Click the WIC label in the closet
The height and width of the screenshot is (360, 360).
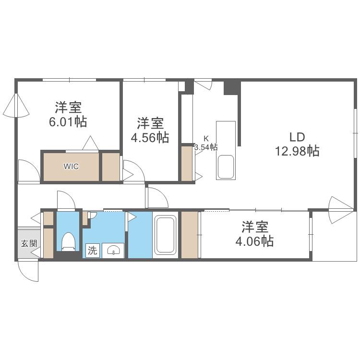click(71, 166)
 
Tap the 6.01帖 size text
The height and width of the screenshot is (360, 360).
click(68, 122)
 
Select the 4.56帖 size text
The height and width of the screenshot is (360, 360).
click(150, 138)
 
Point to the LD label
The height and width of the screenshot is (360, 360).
click(297, 137)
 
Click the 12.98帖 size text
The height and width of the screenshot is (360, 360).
click(297, 151)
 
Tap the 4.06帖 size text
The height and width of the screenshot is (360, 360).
click(254, 241)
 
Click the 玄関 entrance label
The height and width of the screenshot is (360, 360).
click(29, 243)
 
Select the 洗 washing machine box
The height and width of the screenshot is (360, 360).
click(93, 250)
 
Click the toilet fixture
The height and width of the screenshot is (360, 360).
click(69, 242)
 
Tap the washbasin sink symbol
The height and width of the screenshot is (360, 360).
click(113, 250)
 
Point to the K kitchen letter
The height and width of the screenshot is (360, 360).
click(206, 138)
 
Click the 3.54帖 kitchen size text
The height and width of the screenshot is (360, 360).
click(206, 147)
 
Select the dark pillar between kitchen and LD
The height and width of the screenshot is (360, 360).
click(232, 87)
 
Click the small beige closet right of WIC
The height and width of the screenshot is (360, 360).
click(111, 167)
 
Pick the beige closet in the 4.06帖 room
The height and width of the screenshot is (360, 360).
click(190, 235)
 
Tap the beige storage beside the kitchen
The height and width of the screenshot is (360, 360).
click(187, 164)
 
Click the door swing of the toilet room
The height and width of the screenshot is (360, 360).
click(66, 200)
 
